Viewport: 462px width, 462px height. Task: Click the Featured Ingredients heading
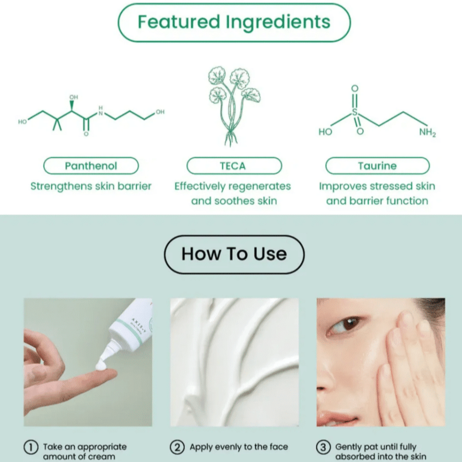tap(234, 22)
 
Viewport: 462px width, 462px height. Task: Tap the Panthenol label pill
tap(91, 166)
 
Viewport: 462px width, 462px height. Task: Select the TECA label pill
tap(234, 166)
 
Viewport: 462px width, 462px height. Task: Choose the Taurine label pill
tap(377, 166)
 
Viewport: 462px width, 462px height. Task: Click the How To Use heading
tap(234, 254)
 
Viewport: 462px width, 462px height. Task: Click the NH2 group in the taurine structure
tap(427, 132)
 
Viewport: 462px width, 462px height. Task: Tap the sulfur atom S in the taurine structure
tap(355, 112)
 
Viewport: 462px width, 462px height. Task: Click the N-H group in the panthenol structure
tap(101, 111)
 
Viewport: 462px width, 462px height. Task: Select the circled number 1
tap(31, 447)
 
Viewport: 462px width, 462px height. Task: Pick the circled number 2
tap(177, 447)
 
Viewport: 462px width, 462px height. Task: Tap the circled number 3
tap(323, 447)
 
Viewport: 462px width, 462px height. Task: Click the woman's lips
tap(339, 418)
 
